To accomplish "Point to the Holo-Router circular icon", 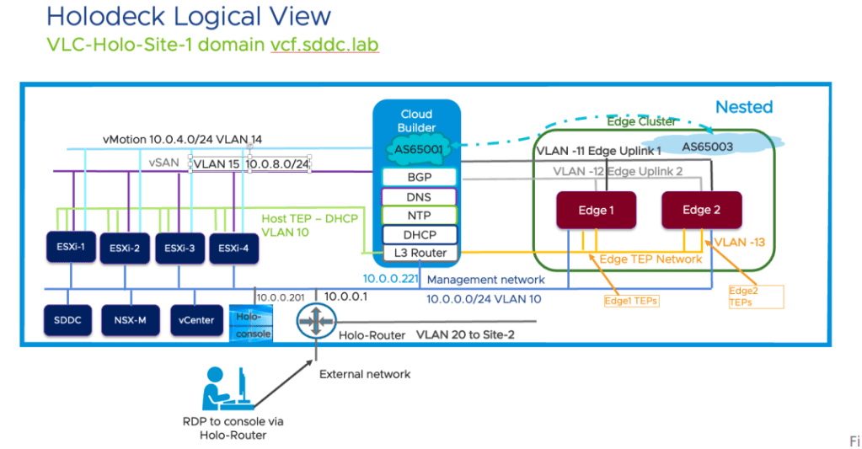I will [x=316, y=322].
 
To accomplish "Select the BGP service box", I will [x=419, y=177].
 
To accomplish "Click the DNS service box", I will [x=419, y=196].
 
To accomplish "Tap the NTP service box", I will [x=419, y=215].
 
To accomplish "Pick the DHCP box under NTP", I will [x=419, y=234].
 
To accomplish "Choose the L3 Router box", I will [x=419, y=253].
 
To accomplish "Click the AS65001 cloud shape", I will [x=419, y=151].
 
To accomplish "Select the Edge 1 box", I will [x=596, y=210].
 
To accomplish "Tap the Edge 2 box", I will [x=701, y=210].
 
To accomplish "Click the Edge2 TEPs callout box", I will [x=755, y=296].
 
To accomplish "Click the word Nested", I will [x=743, y=107].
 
